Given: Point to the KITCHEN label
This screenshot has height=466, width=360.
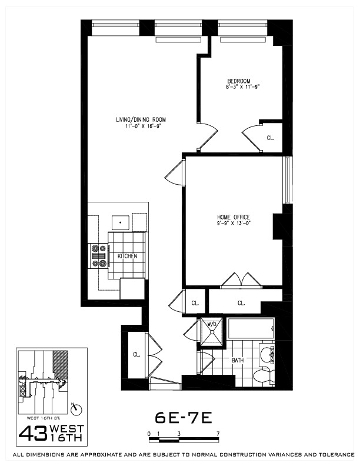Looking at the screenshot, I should click(x=127, y=257).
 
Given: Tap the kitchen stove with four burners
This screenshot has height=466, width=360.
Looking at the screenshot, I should click(x=98, y=256).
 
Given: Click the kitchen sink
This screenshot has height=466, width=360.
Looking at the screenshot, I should click(x=121, y=223).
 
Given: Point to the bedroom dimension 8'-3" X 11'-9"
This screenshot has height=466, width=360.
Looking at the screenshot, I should click(x=242, y=87).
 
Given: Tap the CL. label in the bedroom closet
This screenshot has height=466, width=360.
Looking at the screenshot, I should click(x=270, y=138).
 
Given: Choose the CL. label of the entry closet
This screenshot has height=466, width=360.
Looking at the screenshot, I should click(x=136, y=355).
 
